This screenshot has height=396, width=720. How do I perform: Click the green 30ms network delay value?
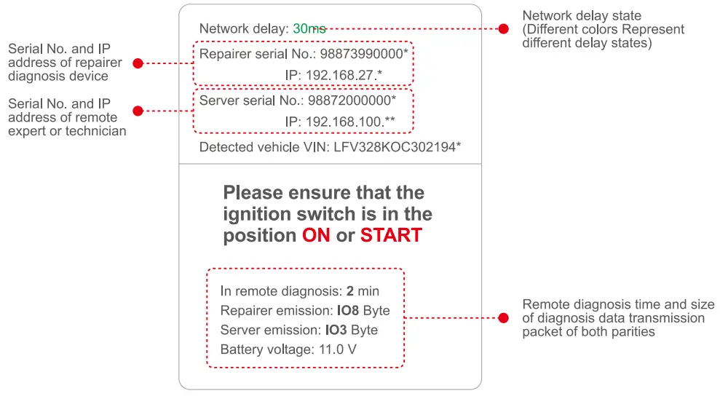[x=309, y=29]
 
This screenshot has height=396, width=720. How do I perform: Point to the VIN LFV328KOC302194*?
[x=397, y=147]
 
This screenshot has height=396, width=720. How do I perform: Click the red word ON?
[x=316, y=235]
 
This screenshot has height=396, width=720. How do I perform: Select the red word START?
[x=391, y=235]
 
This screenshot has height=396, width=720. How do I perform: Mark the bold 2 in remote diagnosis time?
[x=349, y=291]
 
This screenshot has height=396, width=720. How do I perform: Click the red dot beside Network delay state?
[x=503, y=28]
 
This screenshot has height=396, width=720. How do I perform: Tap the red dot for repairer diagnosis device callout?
[x=138, y=63]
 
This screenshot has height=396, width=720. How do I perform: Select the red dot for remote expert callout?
[x=138, y=111]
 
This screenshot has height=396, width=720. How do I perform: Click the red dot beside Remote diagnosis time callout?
[x=503, y=318]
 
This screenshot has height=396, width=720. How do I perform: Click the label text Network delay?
[x=244, y=29]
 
